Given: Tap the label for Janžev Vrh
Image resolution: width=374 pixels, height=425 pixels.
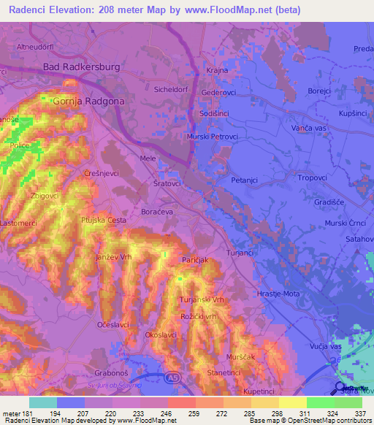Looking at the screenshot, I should [113, 257].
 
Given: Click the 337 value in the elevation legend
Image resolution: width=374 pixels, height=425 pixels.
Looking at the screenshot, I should [360, 414].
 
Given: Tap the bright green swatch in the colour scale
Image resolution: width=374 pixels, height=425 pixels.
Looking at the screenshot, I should [320, 402].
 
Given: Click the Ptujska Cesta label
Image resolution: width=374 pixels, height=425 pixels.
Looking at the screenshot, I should [103, 221].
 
